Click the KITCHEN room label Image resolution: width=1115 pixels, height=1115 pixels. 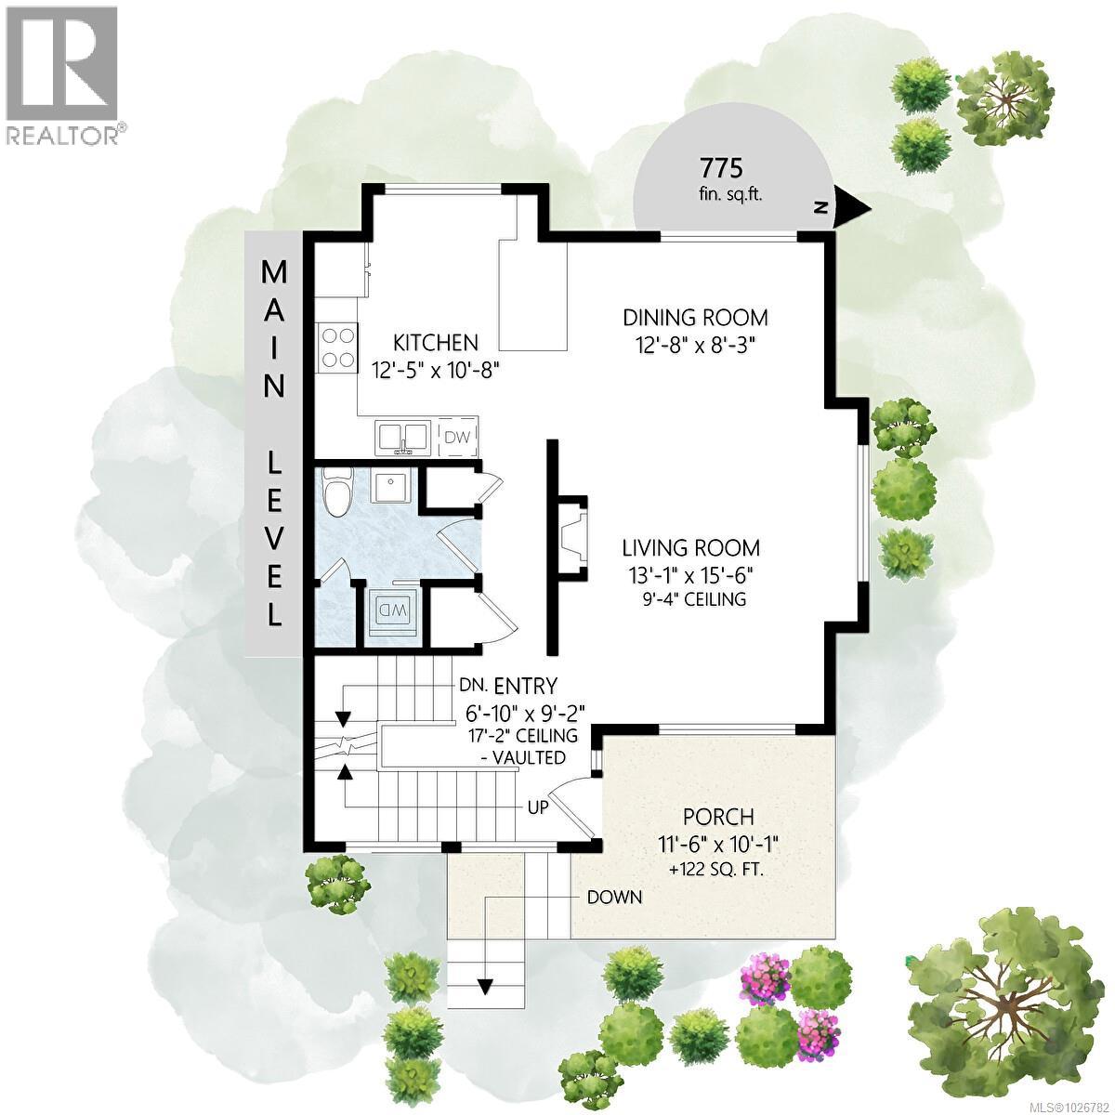(x=435, y=343)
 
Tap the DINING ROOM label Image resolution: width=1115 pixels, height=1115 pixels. (x=695, y=318)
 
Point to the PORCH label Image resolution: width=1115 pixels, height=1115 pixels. (x=718, y=818)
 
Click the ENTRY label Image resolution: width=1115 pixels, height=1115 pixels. (x=525, y=687)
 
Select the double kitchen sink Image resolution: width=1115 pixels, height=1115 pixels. (x=402, y=437)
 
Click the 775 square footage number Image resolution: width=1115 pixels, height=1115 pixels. (x=721, y=169)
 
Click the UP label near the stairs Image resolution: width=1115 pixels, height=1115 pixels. (x=537, y=807)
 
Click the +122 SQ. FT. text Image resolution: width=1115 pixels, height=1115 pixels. (x=718, y=871)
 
